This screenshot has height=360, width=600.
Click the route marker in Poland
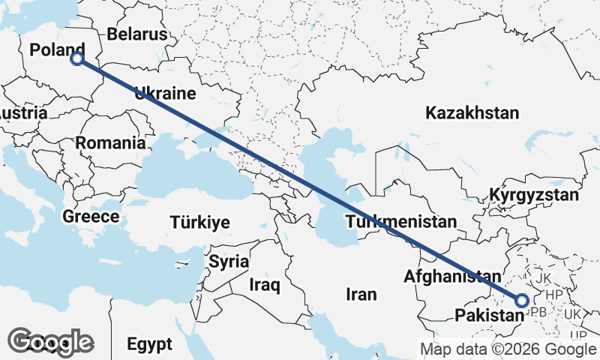pyautogui.click(x=76, y=58)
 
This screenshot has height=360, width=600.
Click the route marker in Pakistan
pyautogui.click(x=522, y=300)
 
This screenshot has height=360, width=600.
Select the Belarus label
pyautogui.click(x=136, y=34)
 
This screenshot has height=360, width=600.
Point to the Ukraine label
pyautogui.click(x=165, y=94)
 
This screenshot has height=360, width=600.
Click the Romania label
pyautogui.click(x=109, y=142)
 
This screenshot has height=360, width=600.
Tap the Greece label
pyautogui.click(x=91, y=217)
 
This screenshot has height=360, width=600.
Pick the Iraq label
pyautogui.click(x=265, y=285)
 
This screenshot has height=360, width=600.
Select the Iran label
pyautogui.click(x=361, y=294)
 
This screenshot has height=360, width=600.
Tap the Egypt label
pyautogui.click(x=149, y=344)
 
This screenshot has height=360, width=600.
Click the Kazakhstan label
pyautogui.click(x=472, y=113)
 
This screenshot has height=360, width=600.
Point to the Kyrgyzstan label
pyautogui.click(x=534, y=196)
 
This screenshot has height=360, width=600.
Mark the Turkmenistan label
pyautogui.click(x=400, y=222)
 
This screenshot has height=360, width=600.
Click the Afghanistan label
pyautogui.click(x=449, y=276)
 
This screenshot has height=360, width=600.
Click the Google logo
pyautogui.click(x=51, y=342)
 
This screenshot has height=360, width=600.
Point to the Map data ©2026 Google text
pyautogui.click(x=508, y=349)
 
